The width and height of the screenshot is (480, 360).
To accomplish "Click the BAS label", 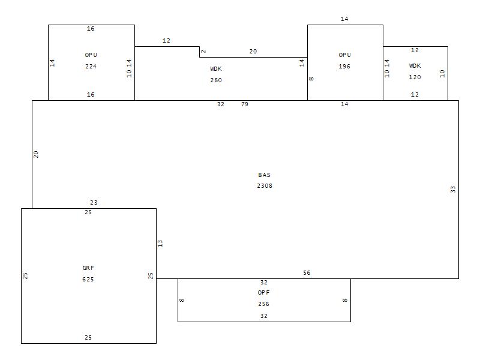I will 265,175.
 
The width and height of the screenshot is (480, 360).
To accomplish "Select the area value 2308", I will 265,186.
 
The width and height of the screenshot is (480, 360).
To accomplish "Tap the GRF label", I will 88,268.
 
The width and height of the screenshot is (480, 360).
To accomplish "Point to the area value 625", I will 88,280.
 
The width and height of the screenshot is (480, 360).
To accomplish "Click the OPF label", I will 264,293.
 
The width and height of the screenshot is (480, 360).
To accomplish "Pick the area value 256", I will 264,304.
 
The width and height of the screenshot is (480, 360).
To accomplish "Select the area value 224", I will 91,67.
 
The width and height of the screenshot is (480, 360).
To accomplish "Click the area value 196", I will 344,67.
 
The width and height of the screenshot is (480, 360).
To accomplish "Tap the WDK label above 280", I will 216,69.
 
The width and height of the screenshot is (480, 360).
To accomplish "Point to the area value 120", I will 415,77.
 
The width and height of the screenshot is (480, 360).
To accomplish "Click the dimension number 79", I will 245,104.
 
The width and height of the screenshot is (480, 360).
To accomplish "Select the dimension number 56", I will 307,273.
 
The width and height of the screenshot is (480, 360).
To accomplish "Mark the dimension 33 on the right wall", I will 453,189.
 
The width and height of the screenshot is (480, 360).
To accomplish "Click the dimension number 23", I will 94,203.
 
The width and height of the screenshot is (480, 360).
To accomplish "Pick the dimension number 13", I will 160,244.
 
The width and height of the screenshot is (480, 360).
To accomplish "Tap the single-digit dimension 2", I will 203,52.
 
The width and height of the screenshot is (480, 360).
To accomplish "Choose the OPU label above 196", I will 344,55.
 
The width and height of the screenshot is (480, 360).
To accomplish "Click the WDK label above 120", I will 415,66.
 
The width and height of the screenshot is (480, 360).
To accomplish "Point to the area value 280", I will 216,80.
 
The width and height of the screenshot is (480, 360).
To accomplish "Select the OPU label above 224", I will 91,55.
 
